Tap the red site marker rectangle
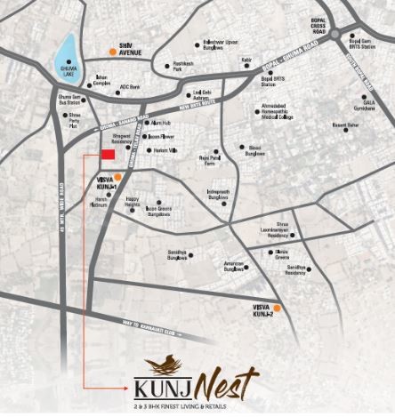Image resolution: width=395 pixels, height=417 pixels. (x=108, y=156)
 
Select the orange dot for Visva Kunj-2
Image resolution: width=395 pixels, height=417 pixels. (x=278, y=309)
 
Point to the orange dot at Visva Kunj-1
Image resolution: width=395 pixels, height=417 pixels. (x=117, y=178)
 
